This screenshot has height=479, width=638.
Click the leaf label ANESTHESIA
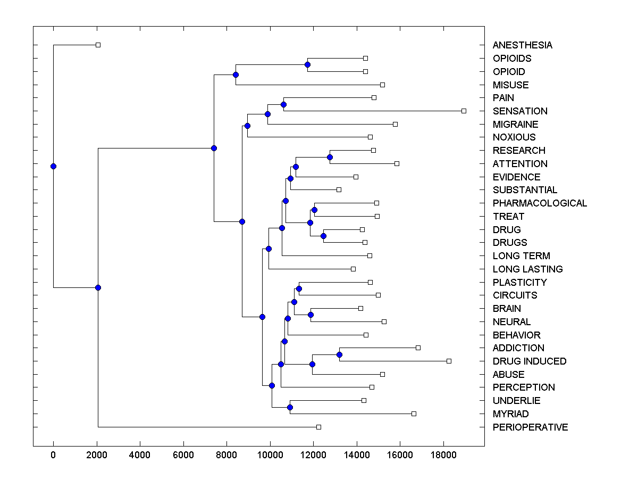522,45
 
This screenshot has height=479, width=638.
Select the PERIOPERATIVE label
530,427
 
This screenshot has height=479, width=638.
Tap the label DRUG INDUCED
530,361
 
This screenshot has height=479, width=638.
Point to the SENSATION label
520,111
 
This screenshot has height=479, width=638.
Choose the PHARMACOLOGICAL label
540,203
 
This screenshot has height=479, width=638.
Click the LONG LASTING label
527,269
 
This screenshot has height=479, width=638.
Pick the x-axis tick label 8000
226,455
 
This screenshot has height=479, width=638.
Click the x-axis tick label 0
53,455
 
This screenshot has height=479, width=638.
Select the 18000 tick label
443,455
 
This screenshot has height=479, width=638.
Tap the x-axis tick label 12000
313,455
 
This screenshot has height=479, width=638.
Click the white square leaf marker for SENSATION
464,111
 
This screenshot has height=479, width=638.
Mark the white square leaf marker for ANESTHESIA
98,45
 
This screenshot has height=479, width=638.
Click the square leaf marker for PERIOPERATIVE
318,427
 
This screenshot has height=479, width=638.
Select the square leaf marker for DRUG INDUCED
449,361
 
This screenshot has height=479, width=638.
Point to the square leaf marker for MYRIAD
414,414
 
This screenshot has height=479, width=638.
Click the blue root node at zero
53,166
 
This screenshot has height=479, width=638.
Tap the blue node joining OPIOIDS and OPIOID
307,64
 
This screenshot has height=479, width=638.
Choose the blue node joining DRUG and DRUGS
323,236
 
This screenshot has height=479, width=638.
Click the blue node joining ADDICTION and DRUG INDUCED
339,354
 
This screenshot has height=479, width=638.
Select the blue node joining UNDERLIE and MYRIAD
290,407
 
